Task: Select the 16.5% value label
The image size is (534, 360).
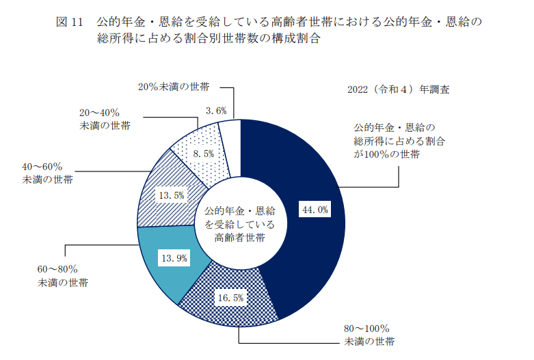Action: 230,298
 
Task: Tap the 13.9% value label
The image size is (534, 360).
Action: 173,258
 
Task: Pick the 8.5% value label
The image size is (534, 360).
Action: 204,154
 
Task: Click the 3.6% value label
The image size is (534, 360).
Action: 216,110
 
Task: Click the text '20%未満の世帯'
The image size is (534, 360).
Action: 173,87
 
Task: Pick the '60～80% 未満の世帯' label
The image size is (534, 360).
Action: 62,275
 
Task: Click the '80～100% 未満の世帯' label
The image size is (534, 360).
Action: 366,335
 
